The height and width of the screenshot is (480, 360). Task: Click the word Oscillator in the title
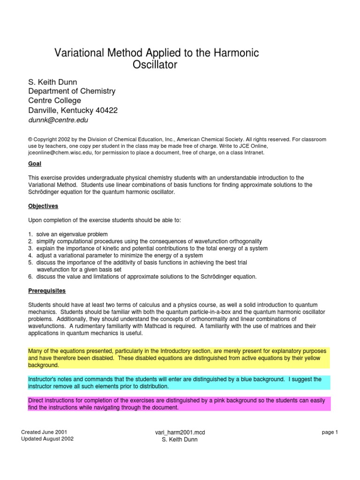click(x=157, y=65)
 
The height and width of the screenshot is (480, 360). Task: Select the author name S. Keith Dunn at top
click(x=53, y=82)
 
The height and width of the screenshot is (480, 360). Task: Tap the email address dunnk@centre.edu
click(x=58, y=120)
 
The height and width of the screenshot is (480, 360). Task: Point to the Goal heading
click(x=35, y=164)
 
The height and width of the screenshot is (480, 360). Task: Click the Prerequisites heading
click(x=47, y=291)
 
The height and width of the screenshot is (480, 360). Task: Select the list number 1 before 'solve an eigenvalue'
click(x=30, y=234)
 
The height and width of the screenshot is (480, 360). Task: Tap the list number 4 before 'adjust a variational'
click(x=30, y=255)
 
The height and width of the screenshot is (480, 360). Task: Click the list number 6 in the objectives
click(x=30, y=277)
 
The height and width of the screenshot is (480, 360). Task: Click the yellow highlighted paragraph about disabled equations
click(x=179, y=358)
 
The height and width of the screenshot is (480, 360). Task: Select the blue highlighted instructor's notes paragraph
click(x=179, y=382)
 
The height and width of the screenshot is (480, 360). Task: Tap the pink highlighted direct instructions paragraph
click(x=179, y=404)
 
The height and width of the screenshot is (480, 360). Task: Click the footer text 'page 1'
click(x=330, y=432)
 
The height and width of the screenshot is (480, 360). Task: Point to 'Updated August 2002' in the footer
click(x=47, y=439)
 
